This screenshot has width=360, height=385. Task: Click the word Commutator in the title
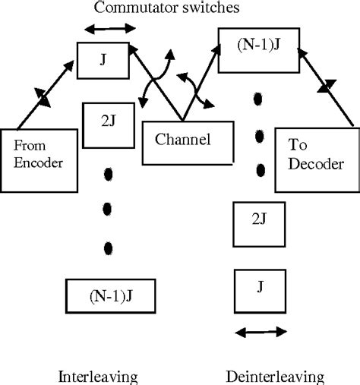click(x=128, y=8)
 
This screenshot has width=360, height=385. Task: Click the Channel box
click(x=182, y=141)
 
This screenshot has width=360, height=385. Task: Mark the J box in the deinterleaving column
click(x=261, y=286)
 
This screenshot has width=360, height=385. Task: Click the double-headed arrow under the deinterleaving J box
click(x=260, y=332)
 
